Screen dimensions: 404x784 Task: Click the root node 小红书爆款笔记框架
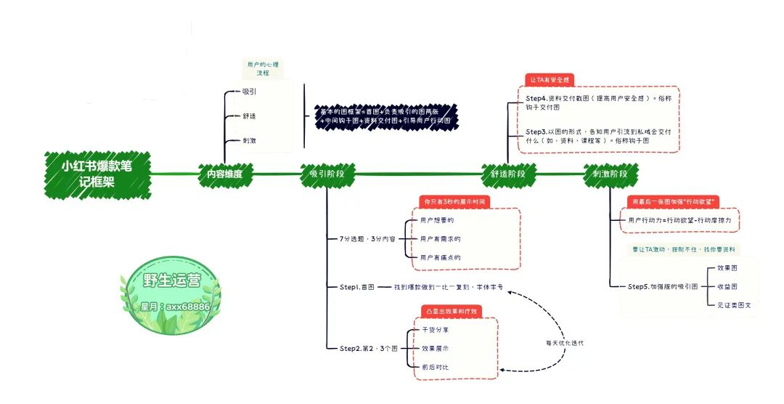[97, 174]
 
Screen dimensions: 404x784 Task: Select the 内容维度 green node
[224, 174]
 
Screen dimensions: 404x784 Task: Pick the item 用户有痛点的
[441, 257]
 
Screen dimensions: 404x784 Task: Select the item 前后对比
[436, 367]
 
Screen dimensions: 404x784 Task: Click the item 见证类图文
[734, 305]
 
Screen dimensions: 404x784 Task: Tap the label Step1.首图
[356, 287]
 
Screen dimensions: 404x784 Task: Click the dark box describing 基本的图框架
[385, 116]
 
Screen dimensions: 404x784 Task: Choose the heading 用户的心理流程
[262, 69]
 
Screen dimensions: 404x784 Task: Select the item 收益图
[727, 286]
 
